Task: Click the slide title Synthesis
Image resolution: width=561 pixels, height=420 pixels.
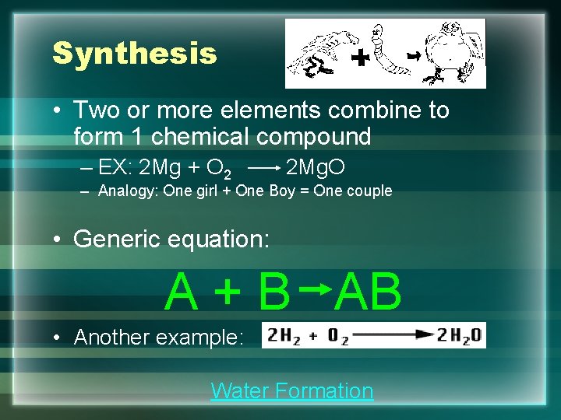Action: (x=134, y=54)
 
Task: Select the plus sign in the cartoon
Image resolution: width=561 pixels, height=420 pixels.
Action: (x=359, y=58)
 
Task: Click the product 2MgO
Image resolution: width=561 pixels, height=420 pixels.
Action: (x=316, y=167)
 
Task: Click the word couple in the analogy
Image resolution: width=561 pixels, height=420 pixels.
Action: (x=365, y=191)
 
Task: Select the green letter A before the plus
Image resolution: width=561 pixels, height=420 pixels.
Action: (x=182, y=292)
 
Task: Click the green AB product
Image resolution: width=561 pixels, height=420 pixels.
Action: (x=369, y=292)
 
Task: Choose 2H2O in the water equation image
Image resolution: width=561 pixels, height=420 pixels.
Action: (x=459, y=336)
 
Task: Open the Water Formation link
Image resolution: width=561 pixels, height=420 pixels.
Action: (x=291, y=390)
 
